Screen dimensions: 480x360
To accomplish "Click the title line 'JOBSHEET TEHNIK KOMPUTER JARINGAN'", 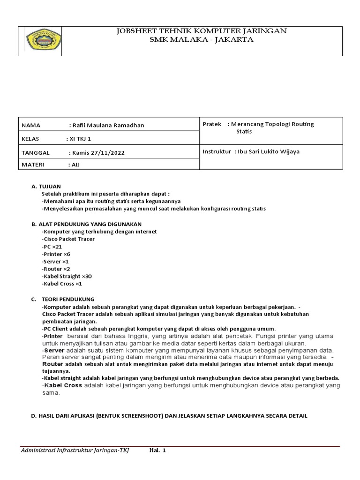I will [x=201, y=31].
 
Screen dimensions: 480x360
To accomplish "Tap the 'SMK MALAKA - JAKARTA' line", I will [x=201, y=40].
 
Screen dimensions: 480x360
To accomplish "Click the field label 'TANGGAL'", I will [x=35, y=153].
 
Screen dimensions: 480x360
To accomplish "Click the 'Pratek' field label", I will [x=212, y=124].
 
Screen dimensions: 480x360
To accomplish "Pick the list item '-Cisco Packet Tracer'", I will [x=68, y=239].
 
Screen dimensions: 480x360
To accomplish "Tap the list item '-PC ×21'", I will [x=52, y=247].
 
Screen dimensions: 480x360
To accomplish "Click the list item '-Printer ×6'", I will [x=56, y=254].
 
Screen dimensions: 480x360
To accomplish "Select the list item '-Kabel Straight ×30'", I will [x=67, y=277].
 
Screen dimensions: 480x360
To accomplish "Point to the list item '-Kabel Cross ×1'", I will [x=61, y=284].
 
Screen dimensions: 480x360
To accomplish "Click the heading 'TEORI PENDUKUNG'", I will [x=68, y=299].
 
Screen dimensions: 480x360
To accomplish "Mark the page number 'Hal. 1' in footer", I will [x=157, y=450].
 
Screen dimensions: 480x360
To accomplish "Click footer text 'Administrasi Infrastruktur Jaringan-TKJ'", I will [x=75, y=450].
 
